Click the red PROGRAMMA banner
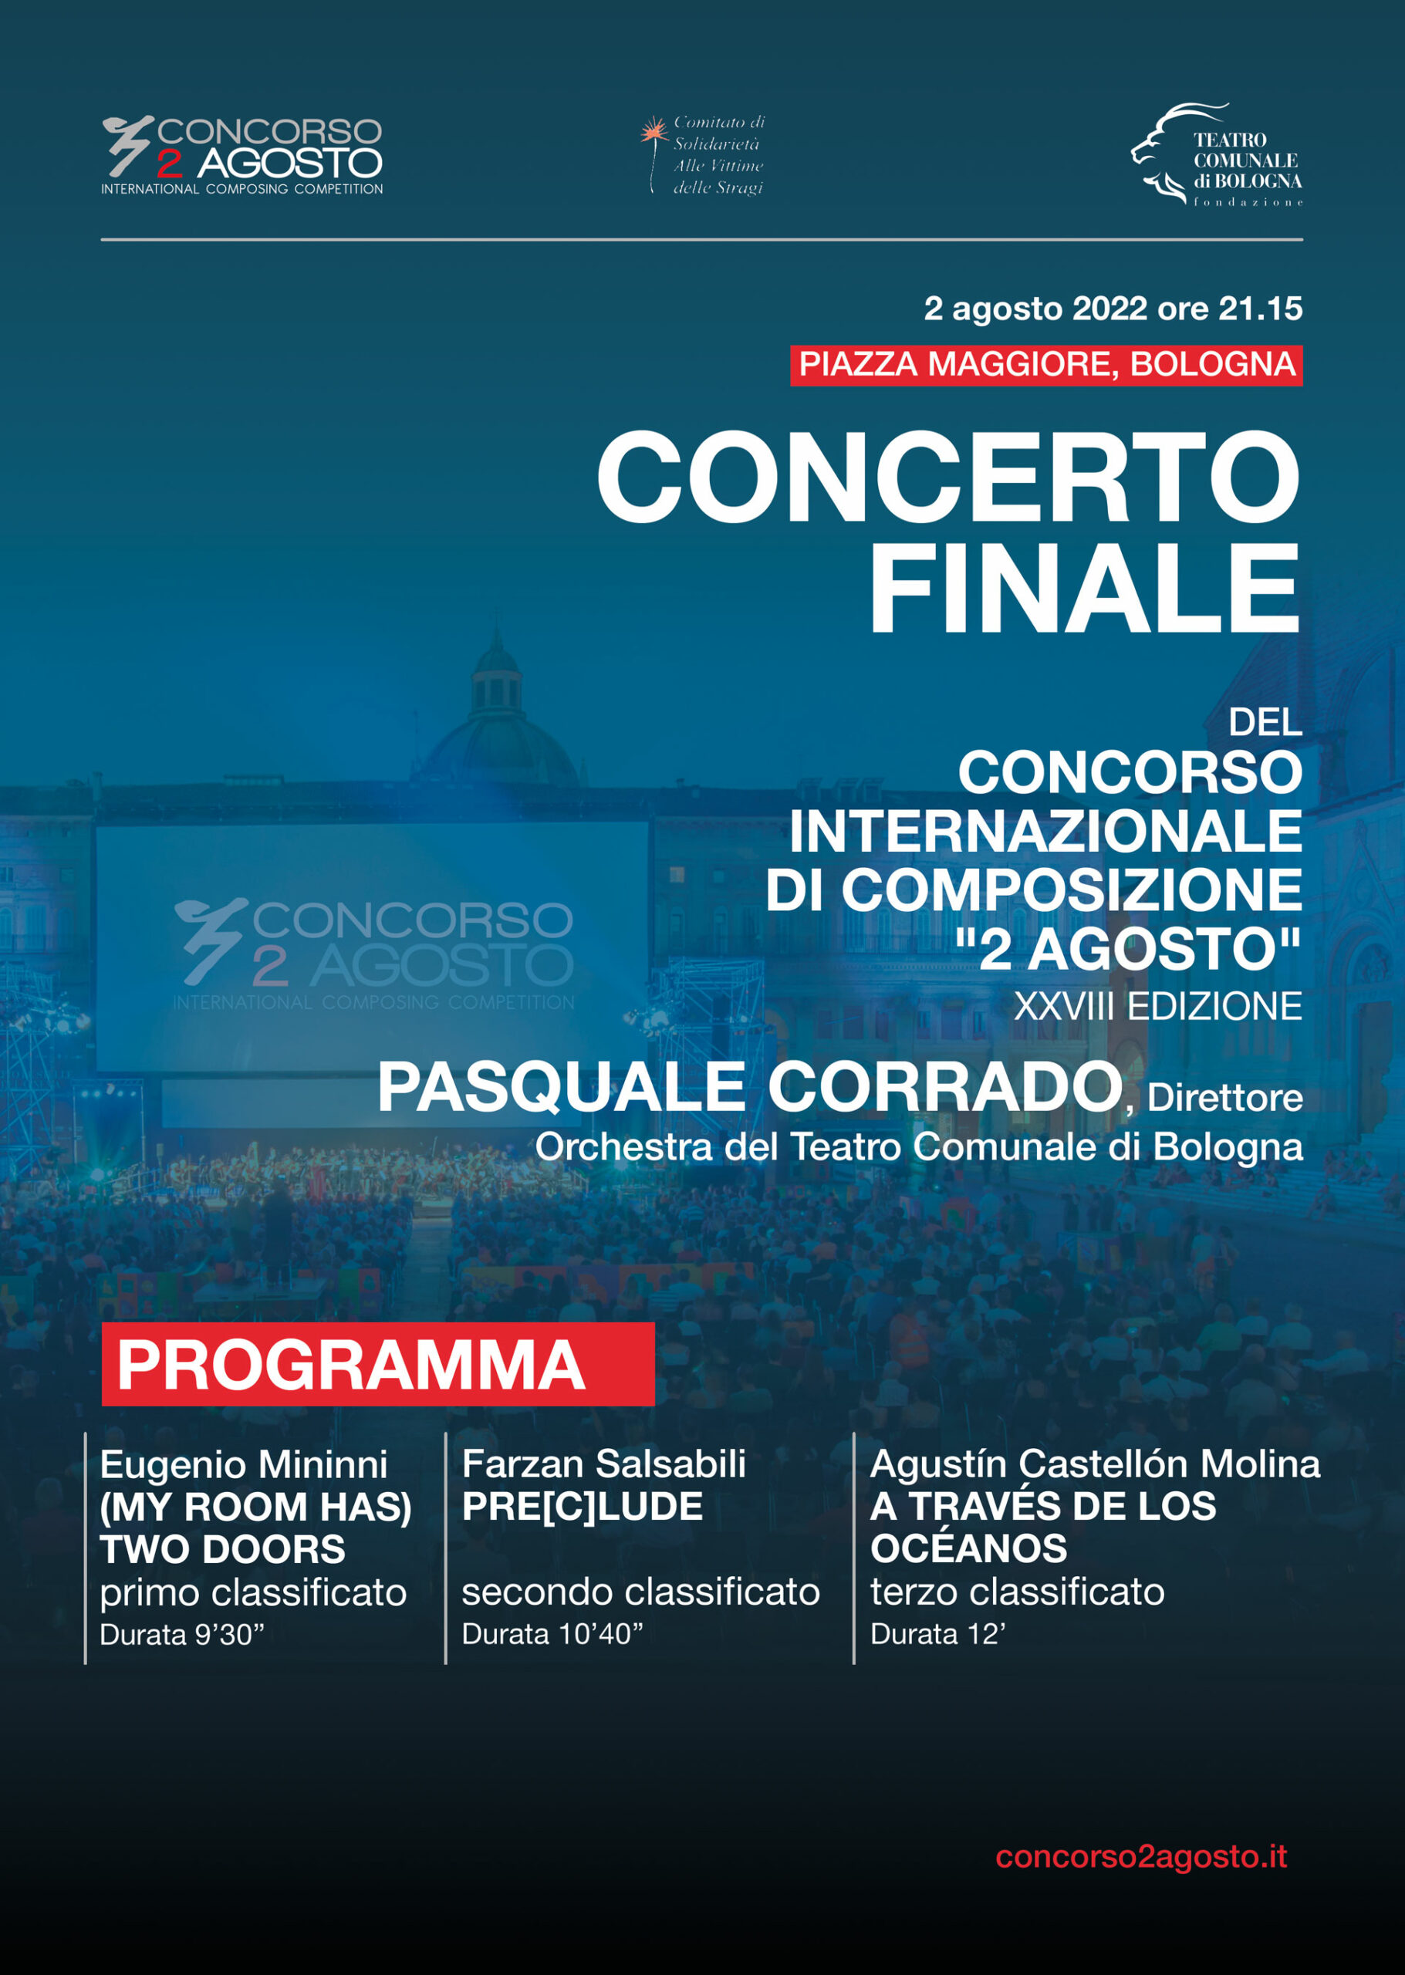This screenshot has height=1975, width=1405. pos(378,1364)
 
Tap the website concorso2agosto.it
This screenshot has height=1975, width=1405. pos(1141,1856)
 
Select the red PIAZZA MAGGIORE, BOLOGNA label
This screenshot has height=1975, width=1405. pos(1046,364)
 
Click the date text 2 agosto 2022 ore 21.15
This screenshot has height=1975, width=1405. pos(1113,309)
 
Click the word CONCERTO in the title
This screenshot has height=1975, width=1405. pos(949,477)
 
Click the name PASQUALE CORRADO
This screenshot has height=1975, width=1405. pos(750,1088)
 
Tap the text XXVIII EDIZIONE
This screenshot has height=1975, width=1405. pos(1157,1006)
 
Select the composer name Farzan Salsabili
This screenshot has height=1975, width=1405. pos(604,1464)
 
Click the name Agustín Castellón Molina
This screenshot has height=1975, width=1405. pos(1096,1464)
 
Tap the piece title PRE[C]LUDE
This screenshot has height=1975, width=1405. pos(583,1507)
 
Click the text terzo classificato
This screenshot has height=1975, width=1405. pos(1018,1592)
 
